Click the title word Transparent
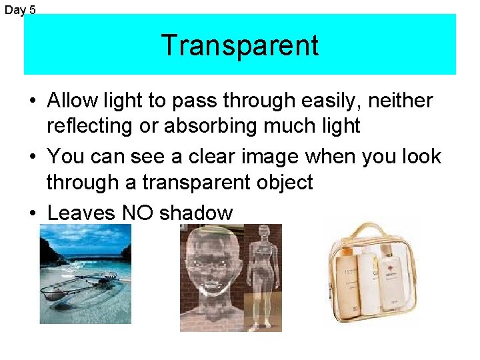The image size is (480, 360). pos(239,45)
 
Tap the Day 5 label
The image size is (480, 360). pos(20,10)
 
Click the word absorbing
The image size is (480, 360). pos(207,125)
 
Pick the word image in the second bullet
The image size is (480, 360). pos(268,157)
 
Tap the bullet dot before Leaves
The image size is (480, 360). pos(32,213)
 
